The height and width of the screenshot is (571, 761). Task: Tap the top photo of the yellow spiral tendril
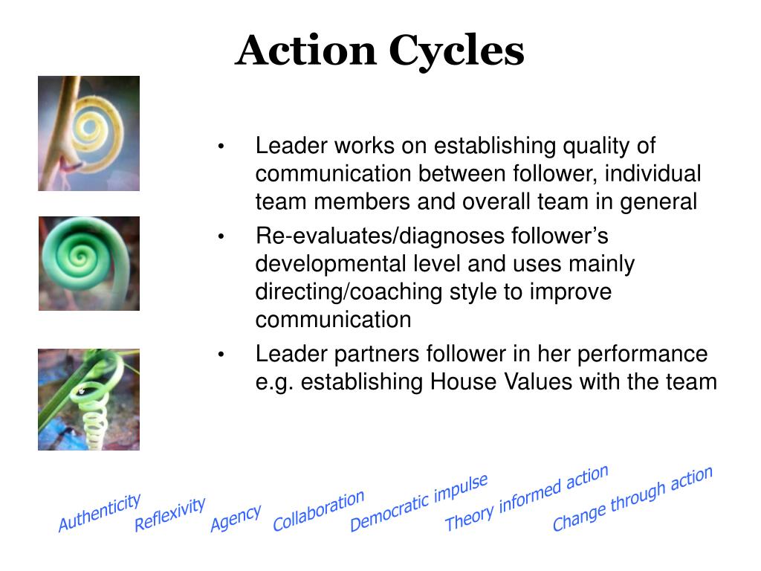(88, 133)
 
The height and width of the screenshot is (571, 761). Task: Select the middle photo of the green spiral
(88, 263)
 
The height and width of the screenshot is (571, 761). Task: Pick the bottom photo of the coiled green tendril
(88, 399)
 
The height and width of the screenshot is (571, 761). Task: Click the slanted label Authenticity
(100, 512)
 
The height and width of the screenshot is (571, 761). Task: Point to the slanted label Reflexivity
(169, 514)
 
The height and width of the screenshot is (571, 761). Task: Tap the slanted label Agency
(236, 518)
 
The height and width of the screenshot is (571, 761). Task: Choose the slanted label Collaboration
(319, 510)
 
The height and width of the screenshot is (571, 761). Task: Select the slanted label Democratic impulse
(419, 503)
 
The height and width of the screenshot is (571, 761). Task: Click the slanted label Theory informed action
(526, 497)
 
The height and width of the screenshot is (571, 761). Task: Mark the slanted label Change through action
(632, 498)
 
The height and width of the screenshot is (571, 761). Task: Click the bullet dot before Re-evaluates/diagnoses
(221, 237)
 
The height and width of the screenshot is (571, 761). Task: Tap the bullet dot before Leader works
(221, 146)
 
